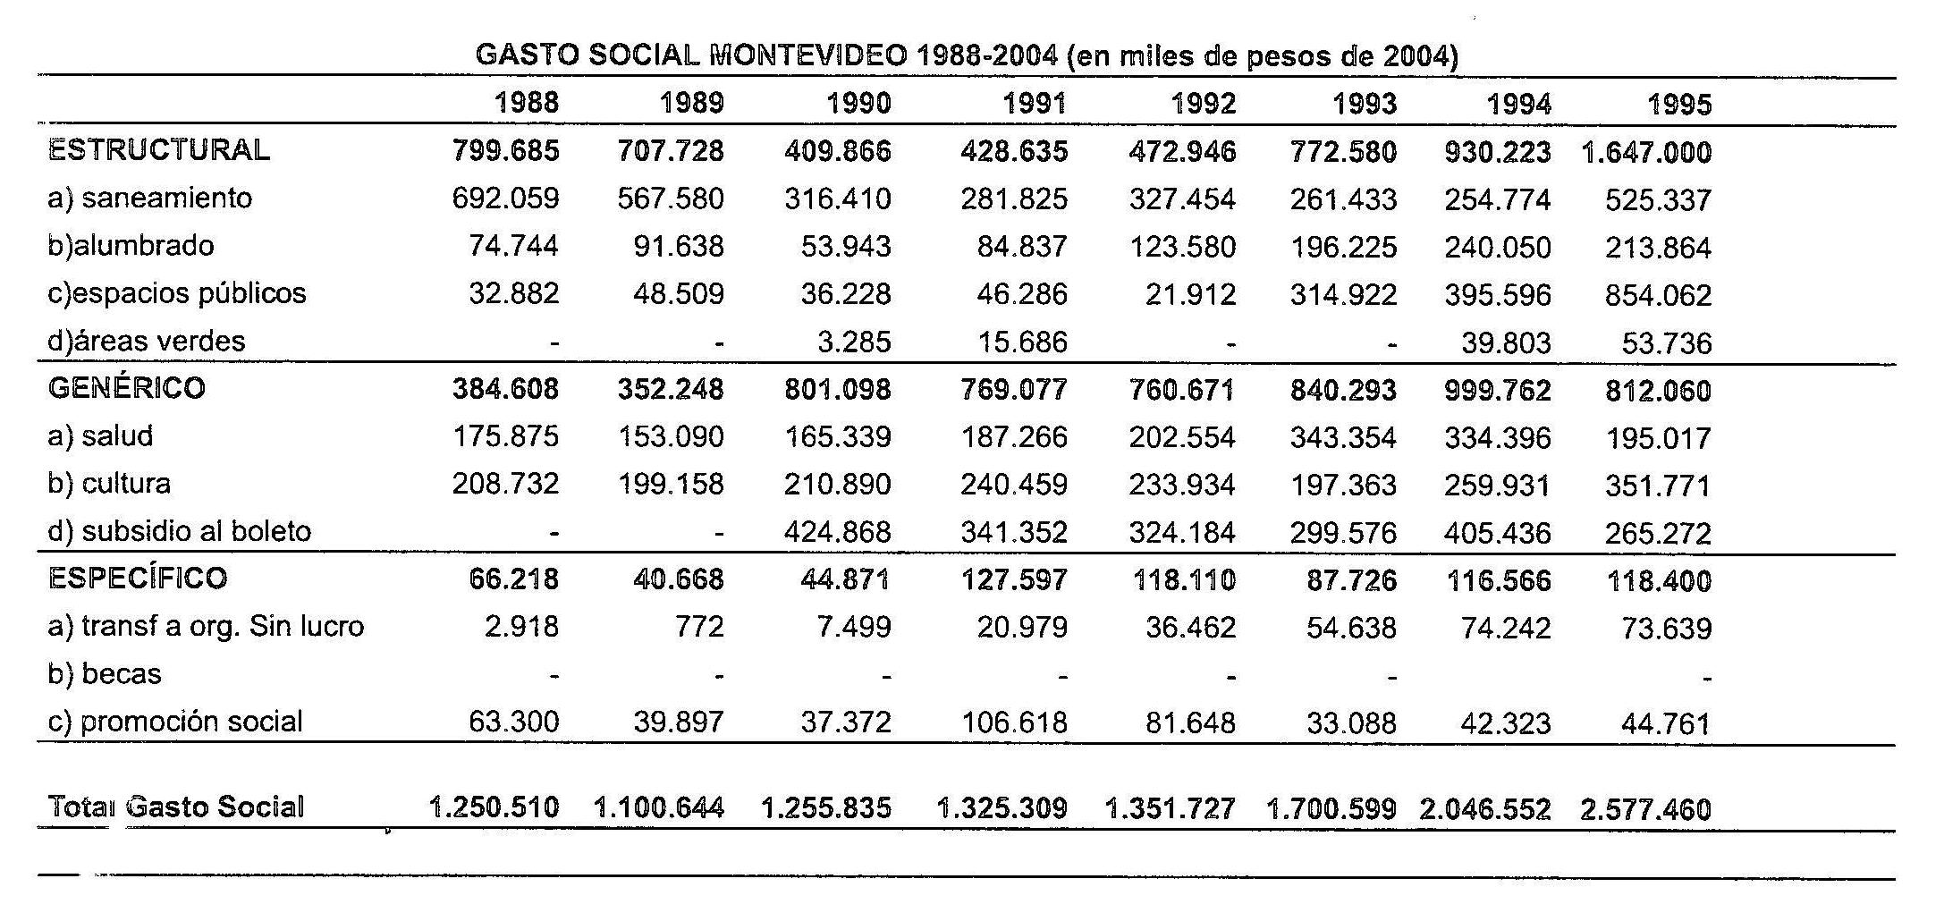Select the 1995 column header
pyautogui.click(x=1678, y=105)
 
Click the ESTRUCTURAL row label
pyautogui.click(x=158, y=149)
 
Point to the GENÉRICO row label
pyautogui.click(x=126, y=388)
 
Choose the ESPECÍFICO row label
pyautogui.click(x=138, y=578)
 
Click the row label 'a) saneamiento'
pyautogui.click(x=149, y=198)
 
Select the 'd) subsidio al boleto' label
pyautogui.click(x=179, y=531)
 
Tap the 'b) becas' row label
pyautogui.click(x=104, y=673)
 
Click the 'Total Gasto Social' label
pyautogui.click(x=175, y=807)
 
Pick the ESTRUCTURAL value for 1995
pyautogui.click(x=1645, y=152)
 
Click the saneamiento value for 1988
pyautogui.click(x=505, y=198)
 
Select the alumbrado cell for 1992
pyautogui.click(x=1182, y=247)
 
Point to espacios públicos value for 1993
pyautogui.click(x=1342, y=294)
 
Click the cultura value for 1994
pyautogui.click(x=1497, y=486)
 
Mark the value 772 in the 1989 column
pyautogui.click(x=699, y=626)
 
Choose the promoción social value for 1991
pyautogui.click(x=1014, y=722)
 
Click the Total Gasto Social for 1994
pyautogui.click(x=1484, y=809)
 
